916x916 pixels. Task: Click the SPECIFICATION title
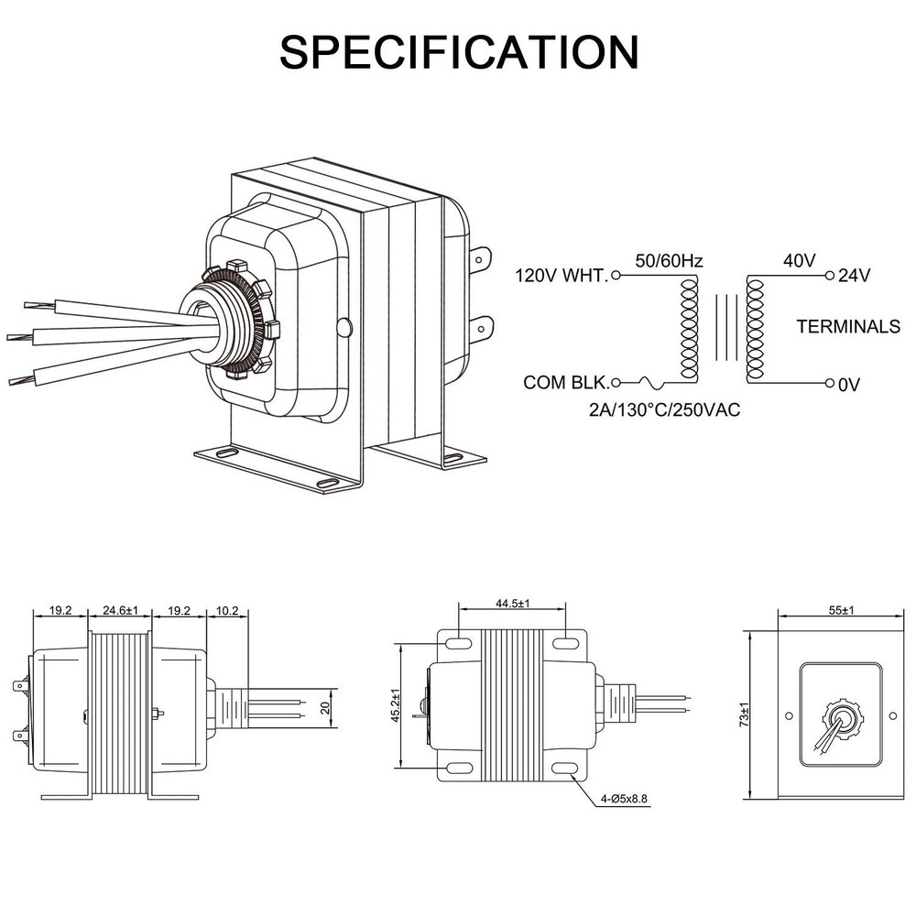(x=459, y=52)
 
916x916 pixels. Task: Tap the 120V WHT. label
(x=561, y=275)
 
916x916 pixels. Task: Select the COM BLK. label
(x=565, y=383)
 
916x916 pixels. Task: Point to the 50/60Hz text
(x=669, y=260)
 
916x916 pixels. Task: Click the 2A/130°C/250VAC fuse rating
(x=664, y=410)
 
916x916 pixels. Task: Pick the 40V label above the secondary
(x=799, y=260)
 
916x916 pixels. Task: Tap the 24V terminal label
(x=854, y=275)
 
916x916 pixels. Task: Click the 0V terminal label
(x=849, y=385)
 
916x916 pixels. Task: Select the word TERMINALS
(x=848, y=327)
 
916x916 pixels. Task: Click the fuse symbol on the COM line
(x=650, y=383)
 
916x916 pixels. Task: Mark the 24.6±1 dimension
(x=120, y=610)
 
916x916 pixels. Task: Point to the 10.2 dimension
(x=227, y=610)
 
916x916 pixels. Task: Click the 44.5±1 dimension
(x=513, y=604)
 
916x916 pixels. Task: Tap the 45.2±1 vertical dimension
(x=396, y=705)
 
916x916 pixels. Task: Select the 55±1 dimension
(x=841, y=610)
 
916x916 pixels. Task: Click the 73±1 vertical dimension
(x=744, y=714)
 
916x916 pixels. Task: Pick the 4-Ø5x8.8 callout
(x=624, y=799)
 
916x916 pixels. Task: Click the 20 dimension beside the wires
(x=326, y=707)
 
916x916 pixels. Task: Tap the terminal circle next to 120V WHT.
(x=616, y=275)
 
